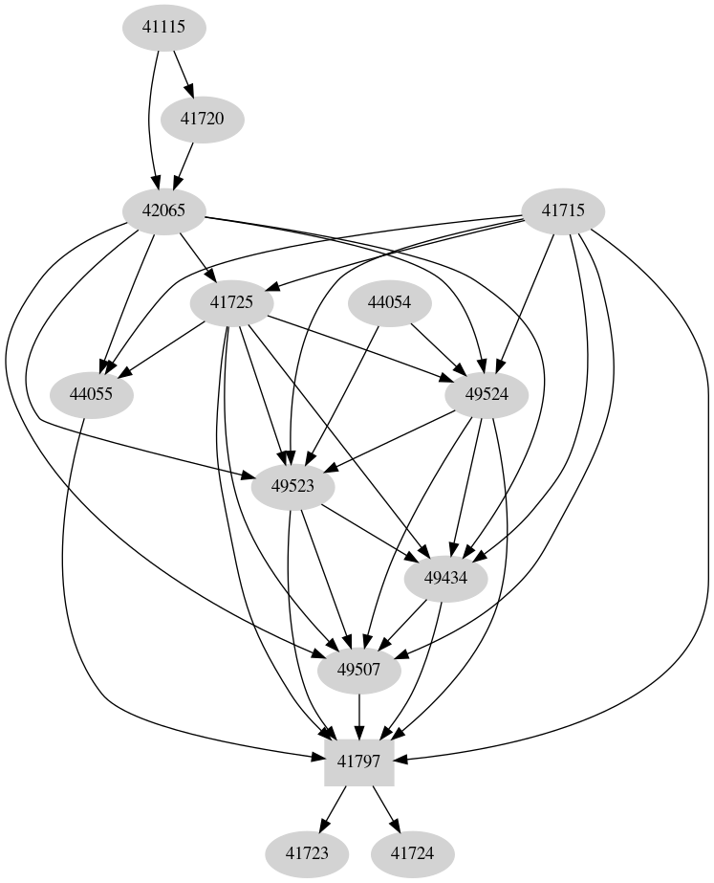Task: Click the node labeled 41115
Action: pos(163,28)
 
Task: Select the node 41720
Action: pos(202,120)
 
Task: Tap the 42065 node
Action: pos(163,210)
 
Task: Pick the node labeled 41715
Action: pos(564,210)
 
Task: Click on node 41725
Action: pos(231,302)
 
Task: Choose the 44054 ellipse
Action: pos(389,302)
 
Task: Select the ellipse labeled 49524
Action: pos(487,394)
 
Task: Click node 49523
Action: pos(292,486)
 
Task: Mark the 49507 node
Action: pos(359,670)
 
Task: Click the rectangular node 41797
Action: pos(359,762)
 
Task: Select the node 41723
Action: pos(306,852)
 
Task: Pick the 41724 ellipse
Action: pos(413,852)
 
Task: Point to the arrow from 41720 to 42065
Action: pos(184,165)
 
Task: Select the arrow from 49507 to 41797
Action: pos(359,716)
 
